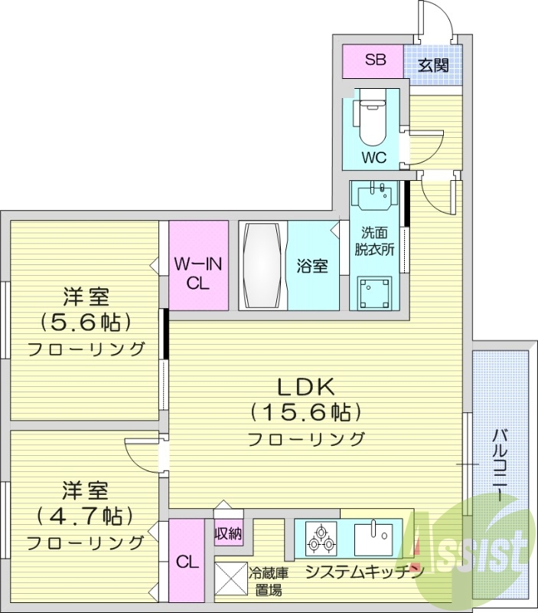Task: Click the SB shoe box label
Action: tap(374, 61)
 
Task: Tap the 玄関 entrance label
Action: tap(433, 65)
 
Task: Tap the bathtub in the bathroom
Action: tap(262, 265)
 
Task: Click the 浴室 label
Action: tap(312, 266)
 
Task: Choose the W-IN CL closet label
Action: tap(198, 273)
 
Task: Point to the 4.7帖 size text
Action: tap(86, 514)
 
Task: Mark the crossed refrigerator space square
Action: tap(231, 577)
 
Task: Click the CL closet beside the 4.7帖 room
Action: tap(187, 562)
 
